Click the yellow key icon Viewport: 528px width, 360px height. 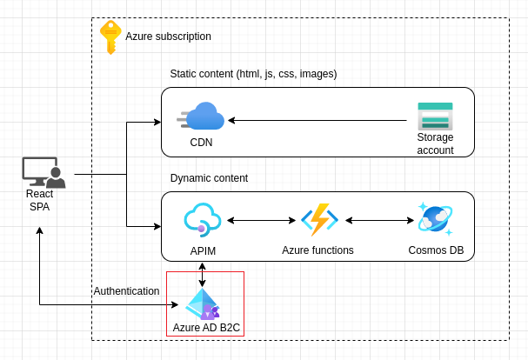(x=110, y=37)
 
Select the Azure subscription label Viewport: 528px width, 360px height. (x=168, y=37)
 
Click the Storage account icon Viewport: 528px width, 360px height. (x=435, y=116)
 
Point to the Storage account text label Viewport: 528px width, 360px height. (x=435, y=143)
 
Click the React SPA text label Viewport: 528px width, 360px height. (x=39, y=200)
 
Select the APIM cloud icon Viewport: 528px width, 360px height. (x=203, y=220)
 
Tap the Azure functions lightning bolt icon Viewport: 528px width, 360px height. (x=318, y=220)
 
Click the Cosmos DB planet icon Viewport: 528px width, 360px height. (x=435, y=219)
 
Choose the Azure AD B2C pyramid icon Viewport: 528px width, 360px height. (x=203, y=304)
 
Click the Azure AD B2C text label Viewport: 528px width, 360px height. (x=206, y=328)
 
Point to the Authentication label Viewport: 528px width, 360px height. (x=126, y=291)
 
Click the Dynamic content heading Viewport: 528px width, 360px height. (x=209, y=178)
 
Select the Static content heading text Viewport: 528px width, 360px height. (x=253, y=74)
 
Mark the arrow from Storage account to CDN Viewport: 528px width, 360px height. (x=318, y=120)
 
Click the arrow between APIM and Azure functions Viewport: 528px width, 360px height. (x=261, y=220)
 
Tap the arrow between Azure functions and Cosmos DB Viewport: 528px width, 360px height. (x=379, y=220)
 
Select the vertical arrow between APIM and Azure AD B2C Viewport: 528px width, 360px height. (x=203, y=275)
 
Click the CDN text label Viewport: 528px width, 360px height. (x=201, y=143)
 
